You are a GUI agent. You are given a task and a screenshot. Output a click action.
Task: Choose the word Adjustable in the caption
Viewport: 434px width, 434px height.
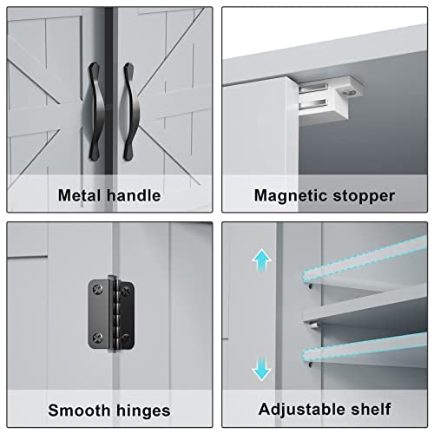pos(303,408)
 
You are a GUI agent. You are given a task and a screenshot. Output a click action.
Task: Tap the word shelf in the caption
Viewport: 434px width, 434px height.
pos(372,408)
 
